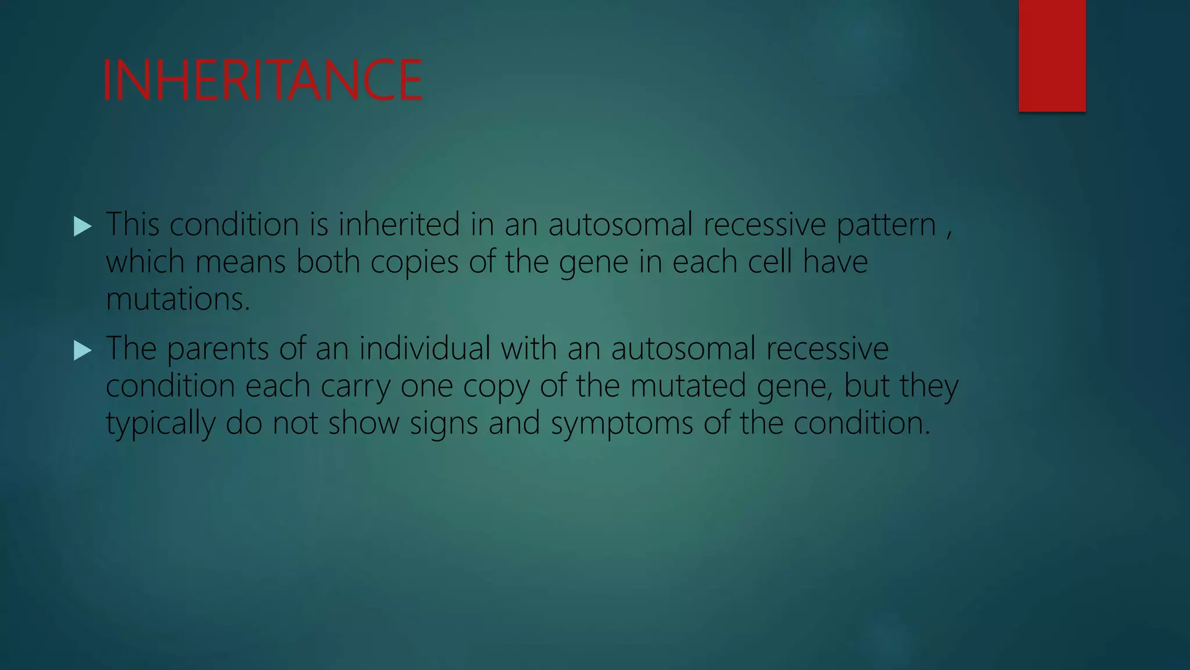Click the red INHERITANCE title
pyautogui.click(x=262, y=80)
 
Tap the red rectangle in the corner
pyautogui.click(x=1052, y=55)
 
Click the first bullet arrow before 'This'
pyautogui.click(x=83, y=226)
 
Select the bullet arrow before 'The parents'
pyautogui.click(x=83, y=350)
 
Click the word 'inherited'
pyautogui.click(x=399, y=224)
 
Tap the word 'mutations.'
pyautogui.click(x=178, y=299)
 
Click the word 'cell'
pyautogui.click(x=770, y=262)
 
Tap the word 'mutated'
pyautogui.click(x=688, y=386)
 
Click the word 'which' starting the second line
pyautogui.click(x=145, y=262)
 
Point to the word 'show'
pyautogui.click(x=364, y=423)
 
